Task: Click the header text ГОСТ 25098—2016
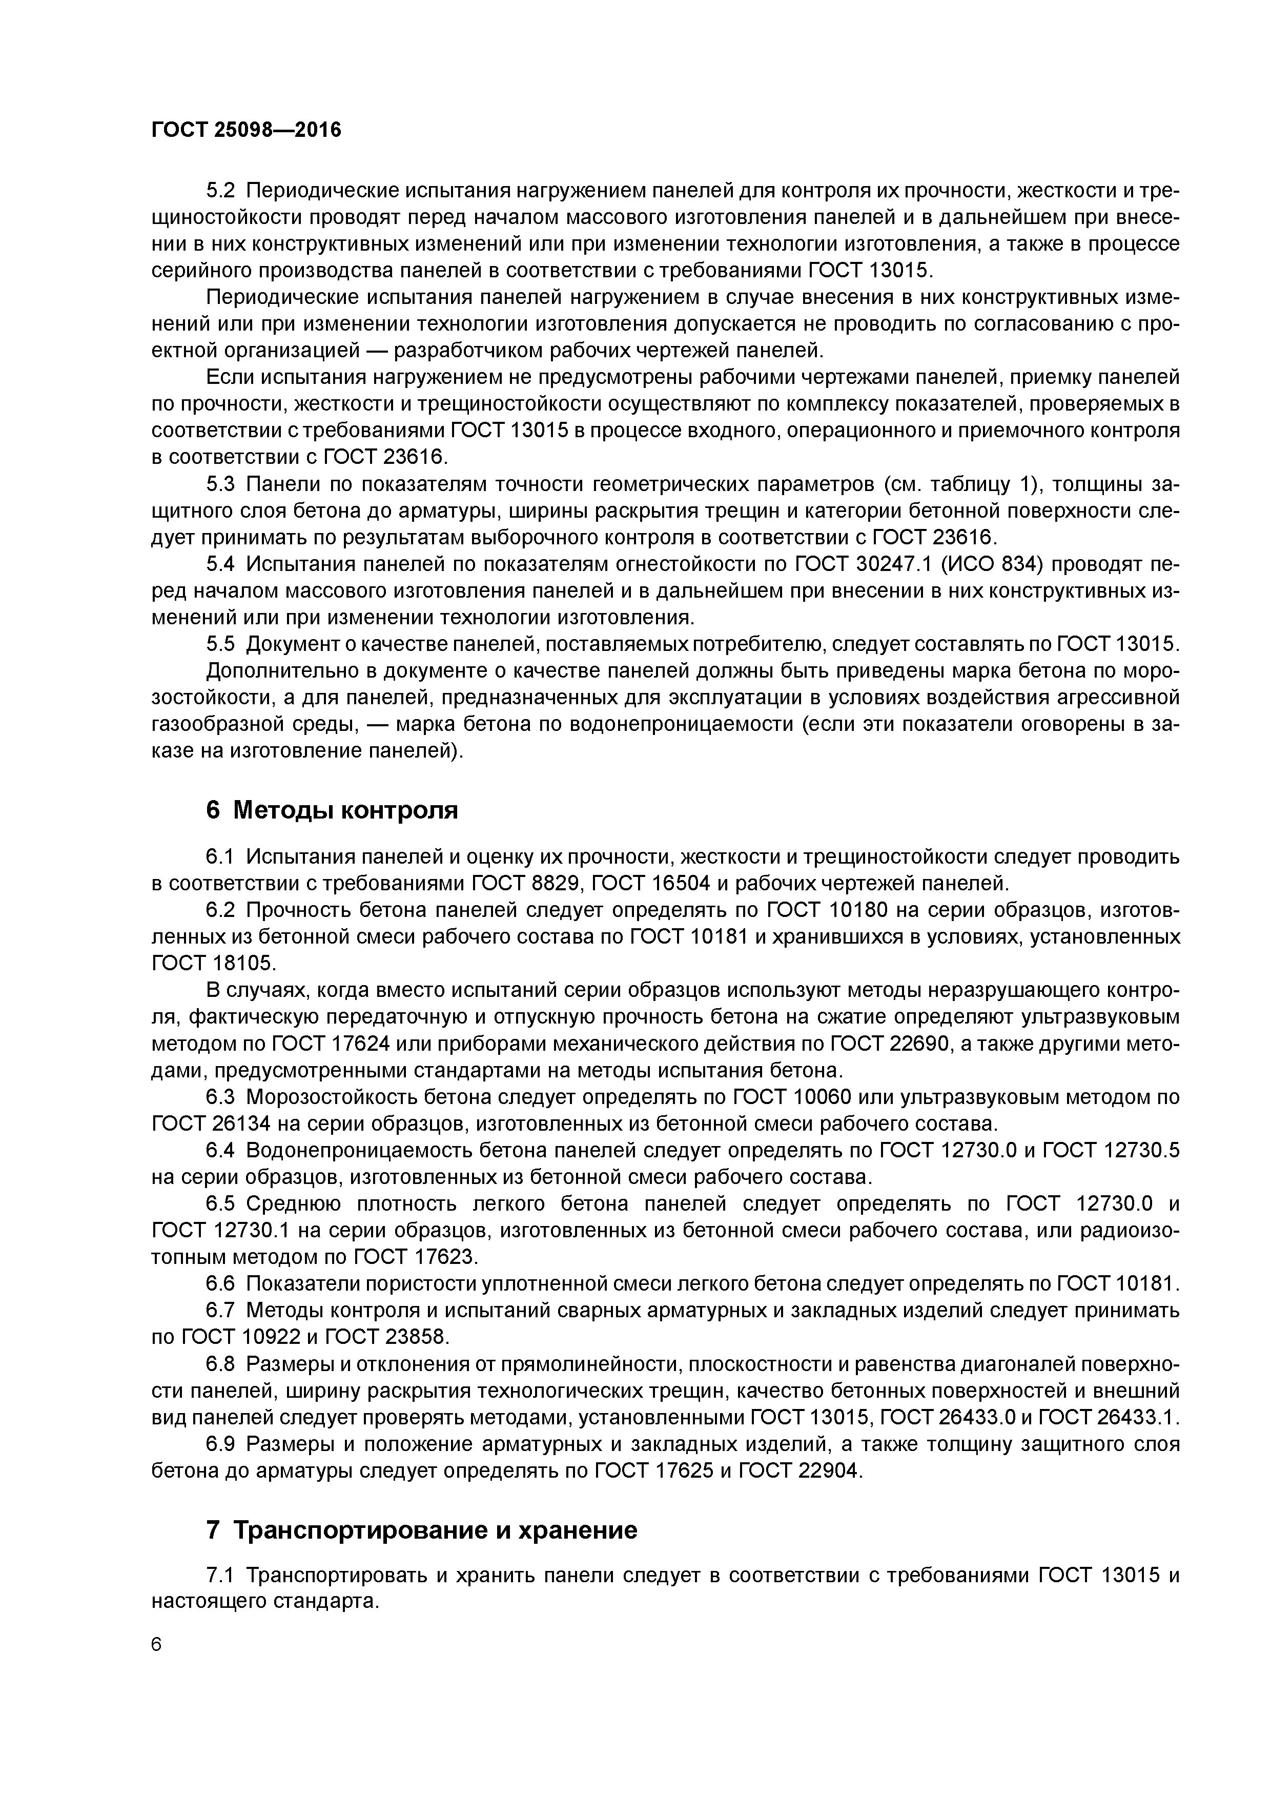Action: [x=246, y=130]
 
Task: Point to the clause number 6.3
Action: [x=220, y=1097]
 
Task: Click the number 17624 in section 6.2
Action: [x=333, y=1044]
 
